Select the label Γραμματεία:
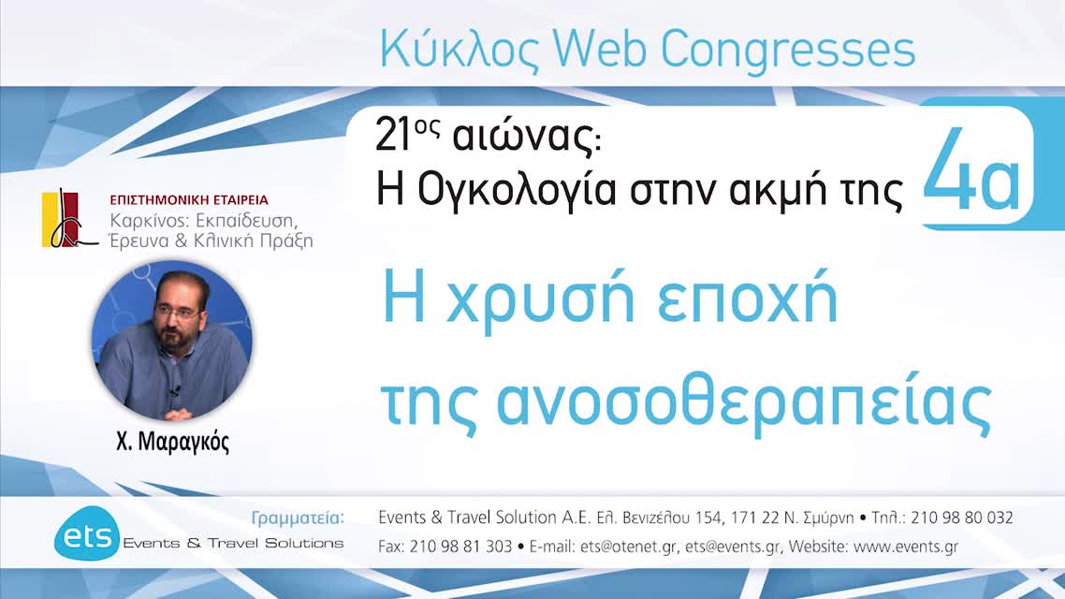(x=298, y=518)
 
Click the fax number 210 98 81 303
(x=460, y=546)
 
